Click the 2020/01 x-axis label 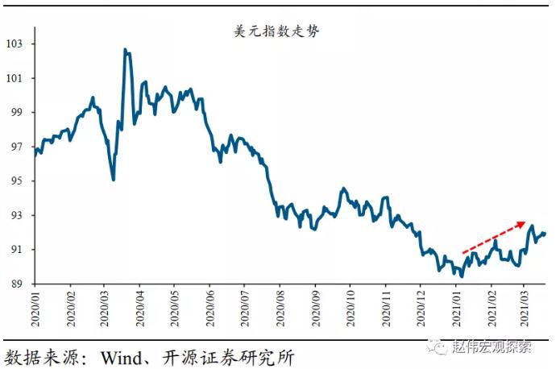pyautogui.click(x=35, y=308)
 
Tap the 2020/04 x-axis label pyautogui.click(x=139, y=308)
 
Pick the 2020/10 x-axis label pyautogui.click(x=349, y=308)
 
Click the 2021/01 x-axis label pyautogui.click(x=454, y=308)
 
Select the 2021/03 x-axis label pyautogui.click(x=523, y=308)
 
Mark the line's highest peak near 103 pyautogui.click(x=125, y=50)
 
